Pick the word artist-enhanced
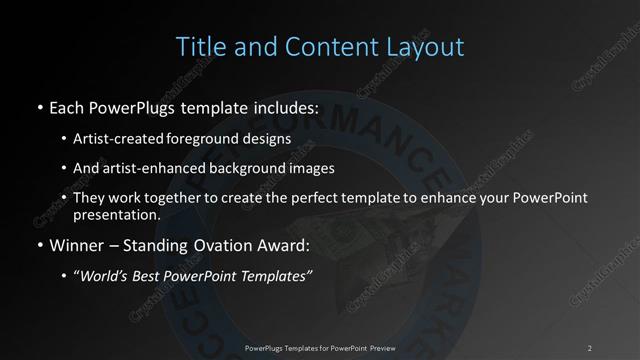click(x=146, y=168)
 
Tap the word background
click(x=239, y=168)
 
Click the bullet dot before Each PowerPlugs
click(x=38, y=107)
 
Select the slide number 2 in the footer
click(x=590, y=347)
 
